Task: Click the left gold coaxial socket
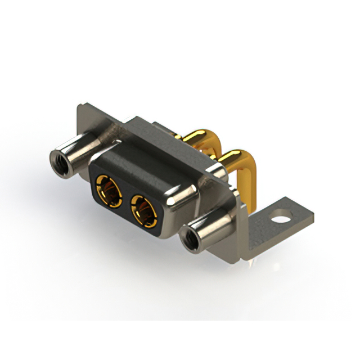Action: pos(110,189)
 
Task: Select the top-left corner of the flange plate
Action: pos(79,106)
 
